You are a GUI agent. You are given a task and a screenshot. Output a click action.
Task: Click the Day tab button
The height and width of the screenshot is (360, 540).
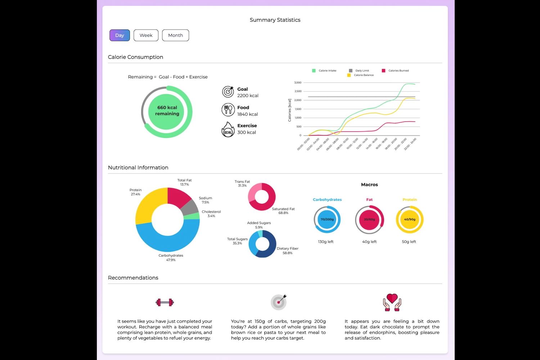[x=120, y=35]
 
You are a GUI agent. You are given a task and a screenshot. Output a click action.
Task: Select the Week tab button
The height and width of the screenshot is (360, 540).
[x=146, y=35]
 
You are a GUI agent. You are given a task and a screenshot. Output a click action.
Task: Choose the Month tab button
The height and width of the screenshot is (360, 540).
[x=175, y=35]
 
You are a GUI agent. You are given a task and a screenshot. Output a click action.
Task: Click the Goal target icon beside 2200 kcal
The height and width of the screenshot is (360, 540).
[x=228, y=92]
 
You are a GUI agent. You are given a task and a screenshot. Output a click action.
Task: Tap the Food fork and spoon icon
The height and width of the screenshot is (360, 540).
[x=228, y=109]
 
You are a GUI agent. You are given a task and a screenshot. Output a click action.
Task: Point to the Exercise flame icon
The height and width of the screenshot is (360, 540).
[x=228, y=130]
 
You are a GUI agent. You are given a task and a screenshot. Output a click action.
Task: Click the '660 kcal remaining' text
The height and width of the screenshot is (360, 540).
[x=167, y=111]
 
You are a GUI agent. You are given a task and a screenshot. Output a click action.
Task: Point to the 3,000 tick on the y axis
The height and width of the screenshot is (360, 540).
[x=298, y=83]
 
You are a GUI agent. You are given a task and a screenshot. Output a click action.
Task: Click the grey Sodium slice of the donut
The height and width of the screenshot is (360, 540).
[x=190, y=208]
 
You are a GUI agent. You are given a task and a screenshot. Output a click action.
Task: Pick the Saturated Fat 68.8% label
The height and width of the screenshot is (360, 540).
[x=283, y=211]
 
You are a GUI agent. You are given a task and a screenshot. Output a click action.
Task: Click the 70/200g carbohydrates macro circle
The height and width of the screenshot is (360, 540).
[x=327, y=220]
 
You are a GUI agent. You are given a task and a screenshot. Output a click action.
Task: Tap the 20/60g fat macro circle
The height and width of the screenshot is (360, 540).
[x=369, y=220]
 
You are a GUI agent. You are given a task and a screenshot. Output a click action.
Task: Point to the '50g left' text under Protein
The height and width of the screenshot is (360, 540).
[x=409, y=242]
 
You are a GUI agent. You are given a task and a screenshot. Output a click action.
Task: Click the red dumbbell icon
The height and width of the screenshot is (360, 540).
[x=165, y=302]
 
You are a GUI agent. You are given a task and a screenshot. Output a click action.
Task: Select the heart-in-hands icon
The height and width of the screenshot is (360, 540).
[x=392, y=302]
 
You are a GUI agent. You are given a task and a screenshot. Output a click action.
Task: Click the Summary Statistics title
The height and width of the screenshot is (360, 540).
[x=275, y=20]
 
